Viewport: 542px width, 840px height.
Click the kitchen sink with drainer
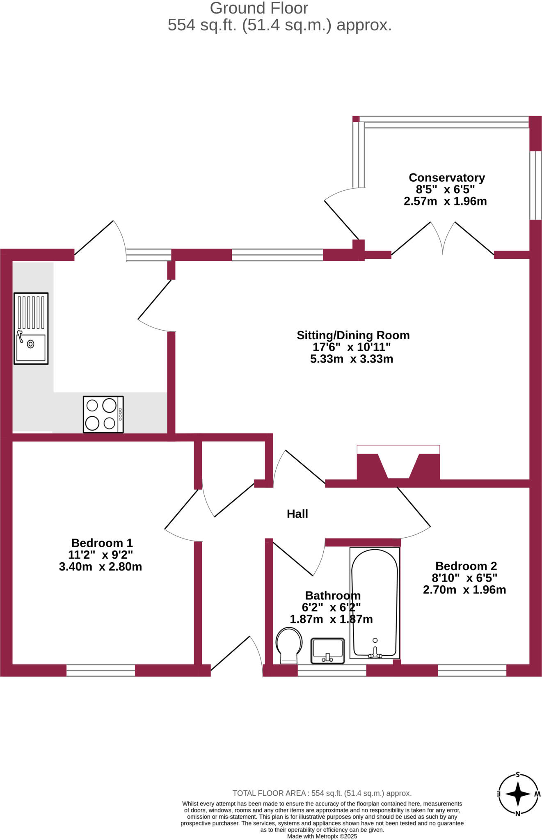(x=31, y=328)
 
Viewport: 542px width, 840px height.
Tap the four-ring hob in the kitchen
(x=103, y=414)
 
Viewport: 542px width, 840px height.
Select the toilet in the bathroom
(x=289, y=645)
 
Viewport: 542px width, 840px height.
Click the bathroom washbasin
(x=327, y=651)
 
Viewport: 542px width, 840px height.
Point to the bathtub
(x=375, y=603)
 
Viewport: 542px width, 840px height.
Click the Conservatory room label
(x=447, y=178)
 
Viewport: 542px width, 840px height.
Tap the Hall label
(x=297, y=514)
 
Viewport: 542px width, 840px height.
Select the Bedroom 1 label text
(x=102, y=543)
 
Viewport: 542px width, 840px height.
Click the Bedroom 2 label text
(x=466, y=566)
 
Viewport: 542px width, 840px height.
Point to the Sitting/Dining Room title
(x=353, y=335)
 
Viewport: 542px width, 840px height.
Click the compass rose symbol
(x=518, y=794)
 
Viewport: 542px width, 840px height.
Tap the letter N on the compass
(x=518, y=814)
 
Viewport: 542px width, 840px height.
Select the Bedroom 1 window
(x=101, y=670)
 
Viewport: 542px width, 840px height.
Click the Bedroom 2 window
(x=472, y=670)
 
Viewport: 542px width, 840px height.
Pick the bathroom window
(x=332, y=670)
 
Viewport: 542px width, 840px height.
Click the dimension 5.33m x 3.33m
(x=352, y=359)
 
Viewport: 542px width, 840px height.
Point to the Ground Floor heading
(x=259, y=8)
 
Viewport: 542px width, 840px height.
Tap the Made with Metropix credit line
(x=322, y=836)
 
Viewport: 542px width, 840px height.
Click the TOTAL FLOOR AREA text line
(x=322, y=793)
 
